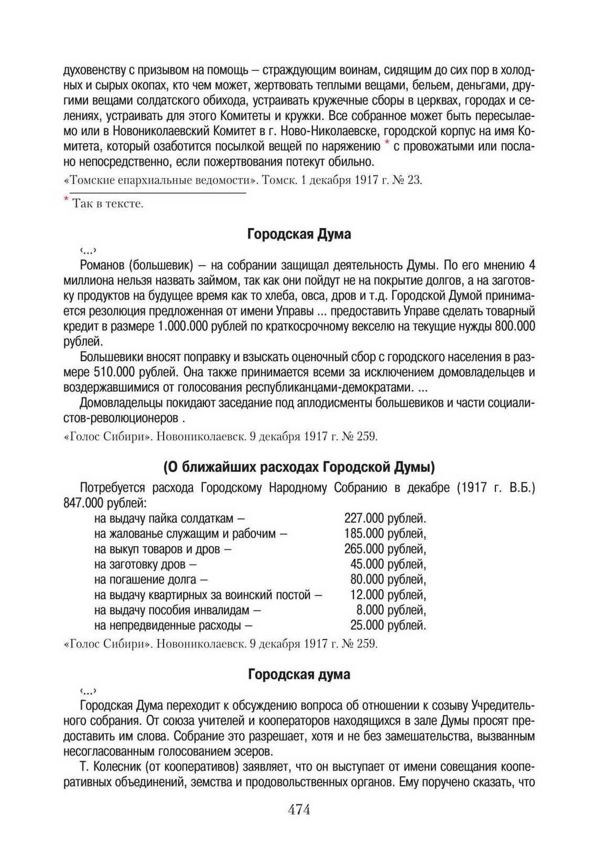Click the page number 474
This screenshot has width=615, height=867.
[x=299, y=810]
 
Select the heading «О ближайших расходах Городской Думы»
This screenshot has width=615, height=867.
[x=299, y=467]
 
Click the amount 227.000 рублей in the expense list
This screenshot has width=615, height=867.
[x=385, y=518]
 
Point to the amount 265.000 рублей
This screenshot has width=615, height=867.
[x=385, y=549]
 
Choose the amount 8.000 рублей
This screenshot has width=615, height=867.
[x=391, y=610]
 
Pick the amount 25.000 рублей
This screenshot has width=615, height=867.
[x=388, y=625]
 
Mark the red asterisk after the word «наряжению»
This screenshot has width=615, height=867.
[x=386, y=144]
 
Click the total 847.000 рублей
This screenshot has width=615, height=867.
[x=105, y=503]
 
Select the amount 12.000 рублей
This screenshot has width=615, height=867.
[x=388, y=594]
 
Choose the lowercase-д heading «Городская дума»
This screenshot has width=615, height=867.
[x=299, y=674]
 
